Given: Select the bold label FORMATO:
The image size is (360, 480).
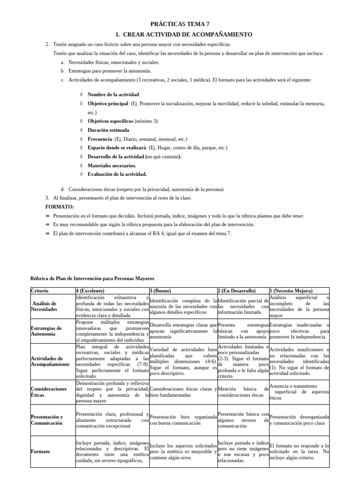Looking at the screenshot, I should pyautogui.click(x=60, y=207).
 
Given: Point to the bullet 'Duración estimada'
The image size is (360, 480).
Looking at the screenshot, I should pyautogui.click(x=109, y=130).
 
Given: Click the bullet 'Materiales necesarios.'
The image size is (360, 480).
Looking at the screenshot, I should pyautogui.click(x=112, y=165).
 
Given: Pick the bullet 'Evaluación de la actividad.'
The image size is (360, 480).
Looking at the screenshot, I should pyautogui.click(x=117, y=174).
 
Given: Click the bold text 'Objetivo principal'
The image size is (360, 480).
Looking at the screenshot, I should pyautogui.click(x=109, y=103).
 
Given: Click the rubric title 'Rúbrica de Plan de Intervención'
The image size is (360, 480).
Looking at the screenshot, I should pyautogui.click(x=92, y=279).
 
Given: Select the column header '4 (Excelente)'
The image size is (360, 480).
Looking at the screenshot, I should pyautogui.click(x=90, y=291).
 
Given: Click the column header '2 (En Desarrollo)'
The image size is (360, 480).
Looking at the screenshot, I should pyautogui.click(x=237, y=291).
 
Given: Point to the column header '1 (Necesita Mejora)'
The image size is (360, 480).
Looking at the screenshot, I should pyautogui.click(x=291, y=291).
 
